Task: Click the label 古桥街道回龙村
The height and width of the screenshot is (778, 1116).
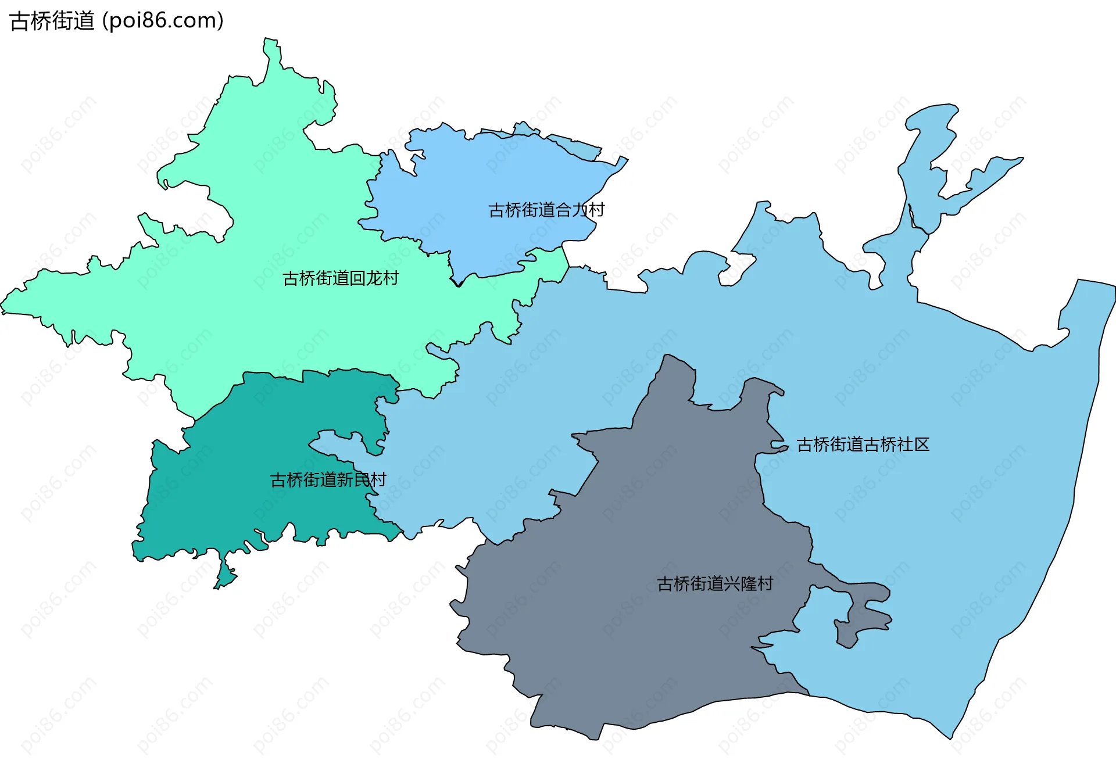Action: coord(341,279)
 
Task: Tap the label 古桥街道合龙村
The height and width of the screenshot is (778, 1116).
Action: coord(546,210)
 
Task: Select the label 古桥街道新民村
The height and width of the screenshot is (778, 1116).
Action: coord(328,480)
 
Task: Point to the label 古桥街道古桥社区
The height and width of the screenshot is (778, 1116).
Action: coord(863,444)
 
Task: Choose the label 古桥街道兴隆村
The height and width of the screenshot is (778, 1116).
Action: coord(715,583)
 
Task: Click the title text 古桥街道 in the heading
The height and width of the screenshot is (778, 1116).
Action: coord(52,21)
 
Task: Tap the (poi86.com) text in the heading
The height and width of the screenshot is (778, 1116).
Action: coord(163,21)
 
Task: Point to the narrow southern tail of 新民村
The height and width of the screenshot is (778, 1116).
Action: coord(224,575)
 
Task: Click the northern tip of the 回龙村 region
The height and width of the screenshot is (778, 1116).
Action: coord(271,44)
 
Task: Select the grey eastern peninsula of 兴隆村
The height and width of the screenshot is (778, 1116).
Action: coord(866,610)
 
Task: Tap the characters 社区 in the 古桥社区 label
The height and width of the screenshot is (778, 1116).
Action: coord(913,444)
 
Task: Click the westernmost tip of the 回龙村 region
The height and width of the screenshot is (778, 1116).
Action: coord(3,306)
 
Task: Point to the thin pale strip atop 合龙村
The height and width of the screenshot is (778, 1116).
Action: coord(575,145)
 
